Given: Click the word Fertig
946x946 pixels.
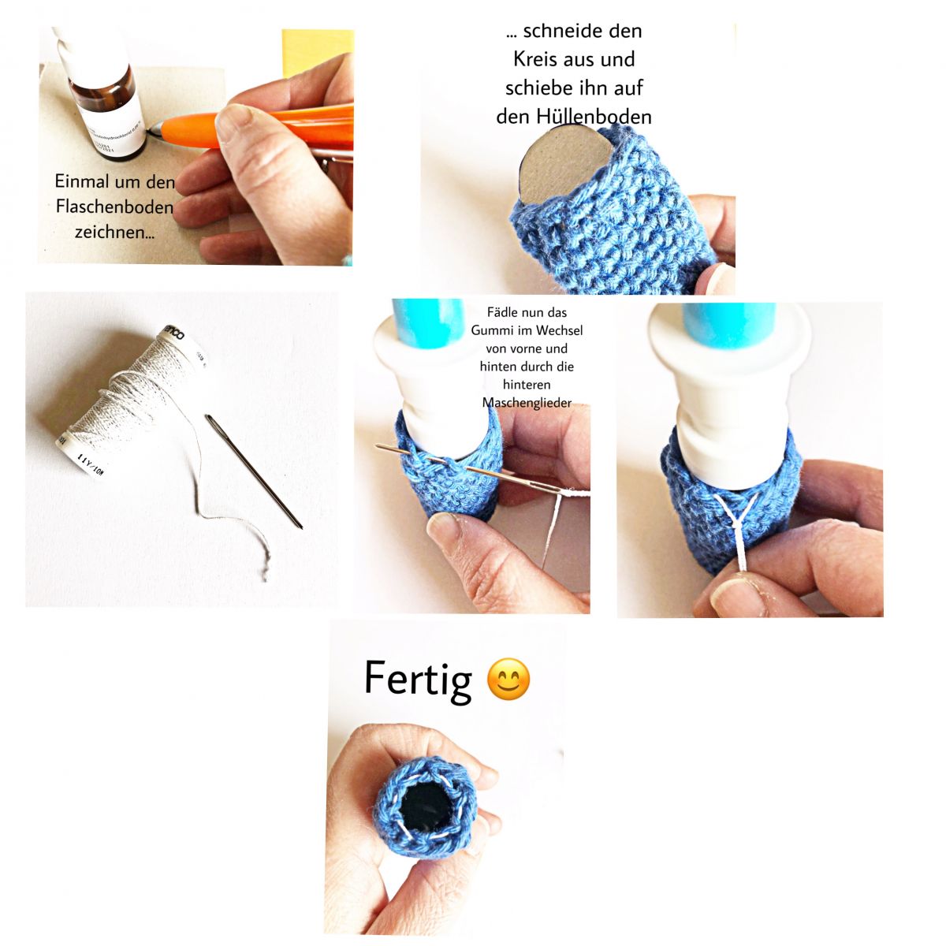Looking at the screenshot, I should pos(418,679).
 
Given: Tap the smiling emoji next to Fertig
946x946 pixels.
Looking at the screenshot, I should pos(508,679).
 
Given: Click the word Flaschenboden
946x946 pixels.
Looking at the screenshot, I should pos(114,207).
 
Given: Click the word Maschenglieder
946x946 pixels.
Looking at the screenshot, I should pos(527,403).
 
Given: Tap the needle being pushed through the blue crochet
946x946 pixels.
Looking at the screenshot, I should pos(473,472).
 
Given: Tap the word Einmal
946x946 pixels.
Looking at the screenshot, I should pos(81,181).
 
